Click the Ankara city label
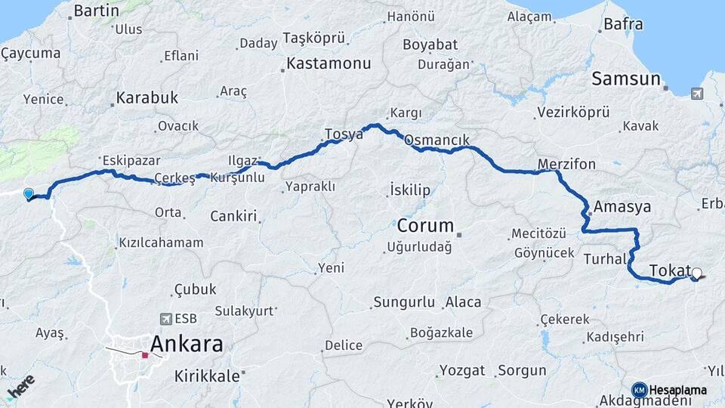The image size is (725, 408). point(187,345)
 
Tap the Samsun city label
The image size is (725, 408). point(626,79)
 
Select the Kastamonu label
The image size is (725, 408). point(329,63)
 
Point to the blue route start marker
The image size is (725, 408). point(29,193)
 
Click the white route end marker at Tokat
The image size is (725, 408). point(697,274)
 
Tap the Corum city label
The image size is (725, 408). point(425,225)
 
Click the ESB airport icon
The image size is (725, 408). point(166,319)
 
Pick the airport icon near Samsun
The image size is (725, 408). point(696,94)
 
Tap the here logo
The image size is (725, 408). point(20,388)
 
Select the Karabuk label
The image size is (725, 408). point(147,97)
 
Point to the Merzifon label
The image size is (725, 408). point(567,164)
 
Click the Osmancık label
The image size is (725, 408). point(437,141)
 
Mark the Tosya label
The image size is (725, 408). point(344,134)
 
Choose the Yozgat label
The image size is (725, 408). point(461,370)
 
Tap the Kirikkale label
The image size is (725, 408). point(207,375)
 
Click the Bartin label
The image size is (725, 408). point(97,11)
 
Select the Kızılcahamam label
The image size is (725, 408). point(161,243)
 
